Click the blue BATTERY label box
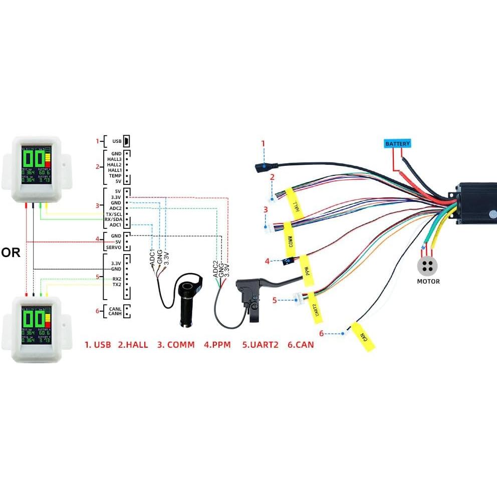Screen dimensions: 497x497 tap(397, 144)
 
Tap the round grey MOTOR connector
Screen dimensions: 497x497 tap(428, 266)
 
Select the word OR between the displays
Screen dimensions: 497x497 tap(11, 253)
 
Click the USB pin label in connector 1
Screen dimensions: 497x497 tap(116, 141)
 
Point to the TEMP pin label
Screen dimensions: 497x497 tap(115, 176)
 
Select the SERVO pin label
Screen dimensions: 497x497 tap(113, 248)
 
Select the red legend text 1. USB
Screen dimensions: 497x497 tap(98, 345)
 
